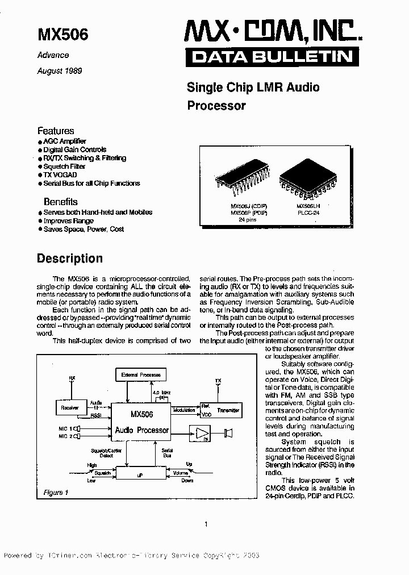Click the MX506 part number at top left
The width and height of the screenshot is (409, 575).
coord(62,34)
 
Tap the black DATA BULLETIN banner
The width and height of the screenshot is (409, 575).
coord(272,56)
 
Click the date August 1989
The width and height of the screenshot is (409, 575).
coord(60,71)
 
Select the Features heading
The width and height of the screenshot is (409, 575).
coord(56,131)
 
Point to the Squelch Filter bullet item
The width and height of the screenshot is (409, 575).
coord(64,166)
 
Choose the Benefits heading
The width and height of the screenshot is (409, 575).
coord(61,202)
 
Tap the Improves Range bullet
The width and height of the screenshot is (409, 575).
coord(68,220)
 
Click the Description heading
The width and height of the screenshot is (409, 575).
coord(70,259)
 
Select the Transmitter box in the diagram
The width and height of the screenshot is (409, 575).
coord(228,410)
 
